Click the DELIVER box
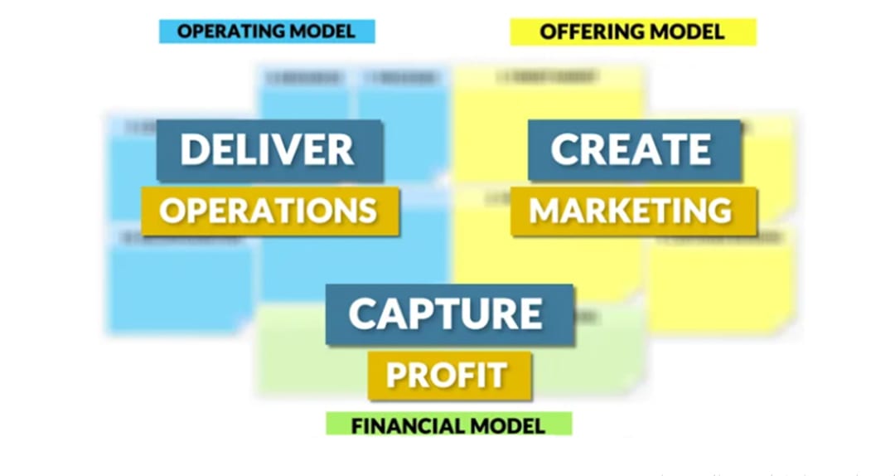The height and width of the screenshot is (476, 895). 268,150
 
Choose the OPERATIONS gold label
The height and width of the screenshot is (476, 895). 268,211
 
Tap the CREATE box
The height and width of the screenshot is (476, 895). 632,150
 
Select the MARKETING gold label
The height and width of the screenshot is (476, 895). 631,211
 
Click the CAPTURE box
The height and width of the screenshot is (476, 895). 447,313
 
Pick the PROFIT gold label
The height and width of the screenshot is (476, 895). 447,376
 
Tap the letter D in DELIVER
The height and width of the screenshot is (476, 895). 194,150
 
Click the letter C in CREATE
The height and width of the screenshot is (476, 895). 565,150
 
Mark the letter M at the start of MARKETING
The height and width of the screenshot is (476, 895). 544,211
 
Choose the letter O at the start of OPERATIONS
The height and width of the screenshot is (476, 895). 172,211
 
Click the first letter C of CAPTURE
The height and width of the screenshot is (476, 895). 364,313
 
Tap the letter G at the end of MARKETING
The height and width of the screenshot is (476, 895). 718,211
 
